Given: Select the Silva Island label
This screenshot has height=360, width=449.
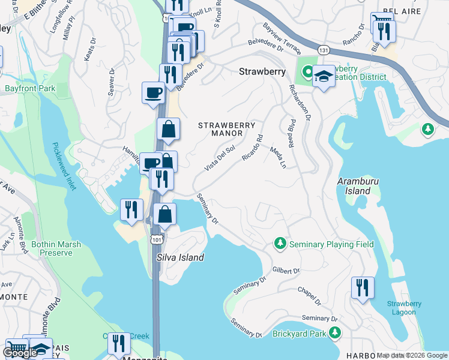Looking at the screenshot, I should (x=180, y=257).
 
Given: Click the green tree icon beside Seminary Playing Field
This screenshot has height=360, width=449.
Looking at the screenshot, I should (x=280, y=244).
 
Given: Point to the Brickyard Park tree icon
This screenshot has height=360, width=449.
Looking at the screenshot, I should (x=334, y=332).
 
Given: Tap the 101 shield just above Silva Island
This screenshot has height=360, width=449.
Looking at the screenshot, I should (x=157, y=239).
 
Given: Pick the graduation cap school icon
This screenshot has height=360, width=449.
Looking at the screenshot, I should (x=324, y=77).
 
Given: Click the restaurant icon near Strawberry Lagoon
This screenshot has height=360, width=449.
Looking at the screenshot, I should (x=363, y=287).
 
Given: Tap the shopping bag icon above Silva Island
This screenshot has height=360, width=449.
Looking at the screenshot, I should (x=164, y=214).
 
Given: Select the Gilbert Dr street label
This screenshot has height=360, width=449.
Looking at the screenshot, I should (x=286, y=271).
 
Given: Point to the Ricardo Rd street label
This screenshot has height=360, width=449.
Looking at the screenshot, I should (x=252, y=148).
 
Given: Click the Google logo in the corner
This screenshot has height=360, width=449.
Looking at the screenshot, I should (x=20, y=353).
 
